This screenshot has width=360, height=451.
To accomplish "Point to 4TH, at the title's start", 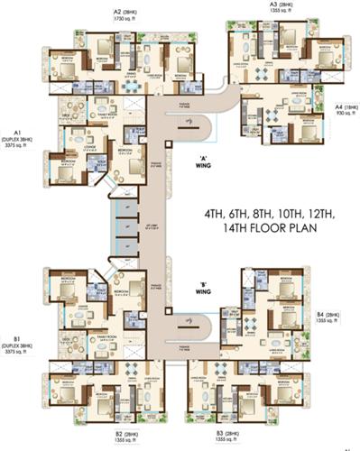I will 216,214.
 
